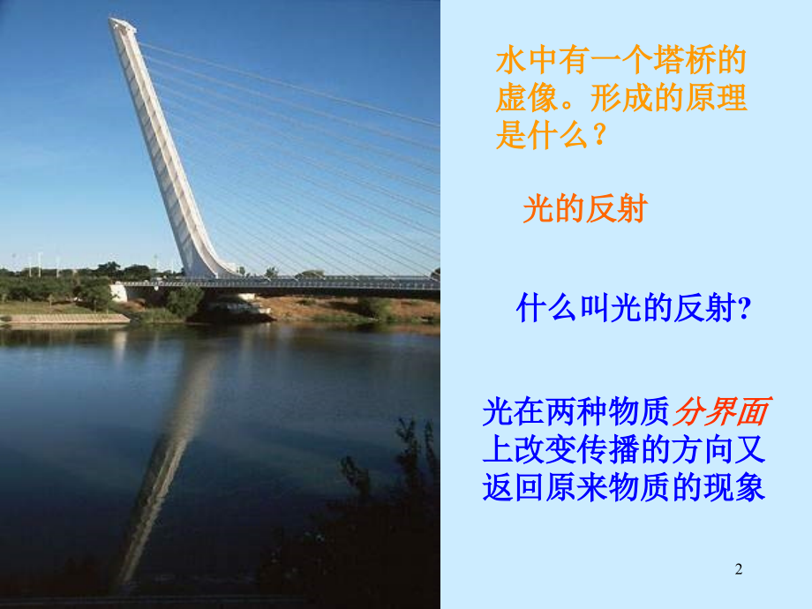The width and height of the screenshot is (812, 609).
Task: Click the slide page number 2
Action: (x=739, y=570)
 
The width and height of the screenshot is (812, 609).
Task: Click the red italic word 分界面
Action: (x=722, y=412)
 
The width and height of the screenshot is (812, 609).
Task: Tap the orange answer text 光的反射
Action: (x=584, y=209)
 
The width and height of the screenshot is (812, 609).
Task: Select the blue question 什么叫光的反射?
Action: (x=633, y=309)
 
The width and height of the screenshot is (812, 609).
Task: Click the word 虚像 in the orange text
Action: (x=527, y=98)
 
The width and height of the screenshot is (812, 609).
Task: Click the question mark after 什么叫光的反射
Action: (x=744, y=310)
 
